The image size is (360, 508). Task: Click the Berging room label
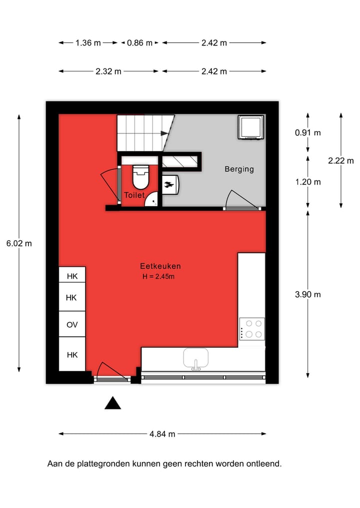pos(239,169)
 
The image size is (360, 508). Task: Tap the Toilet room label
pos(134,195)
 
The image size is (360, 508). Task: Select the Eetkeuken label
pos(160,266)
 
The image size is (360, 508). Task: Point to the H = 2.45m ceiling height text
pos(158,276)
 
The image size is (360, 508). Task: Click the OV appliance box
pos(72,325)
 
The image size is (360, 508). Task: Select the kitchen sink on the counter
pos(195,358)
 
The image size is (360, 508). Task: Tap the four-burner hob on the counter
pos(252,329)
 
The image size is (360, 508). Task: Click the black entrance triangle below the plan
pos(112,403)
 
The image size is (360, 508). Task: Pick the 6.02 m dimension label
pos(19,244)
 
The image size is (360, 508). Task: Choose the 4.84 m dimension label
pos(162,434)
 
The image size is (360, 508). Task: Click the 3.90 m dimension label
pos(308,294)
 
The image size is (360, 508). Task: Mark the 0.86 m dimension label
pos(139,43)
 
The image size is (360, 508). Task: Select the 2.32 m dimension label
pos(108,71)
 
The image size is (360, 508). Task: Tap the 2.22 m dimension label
pos(341,160)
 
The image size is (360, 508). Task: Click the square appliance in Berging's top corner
pos(250,127)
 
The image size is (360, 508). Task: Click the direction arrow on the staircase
pos(164,133)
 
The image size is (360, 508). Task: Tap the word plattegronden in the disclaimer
pos(105,464)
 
